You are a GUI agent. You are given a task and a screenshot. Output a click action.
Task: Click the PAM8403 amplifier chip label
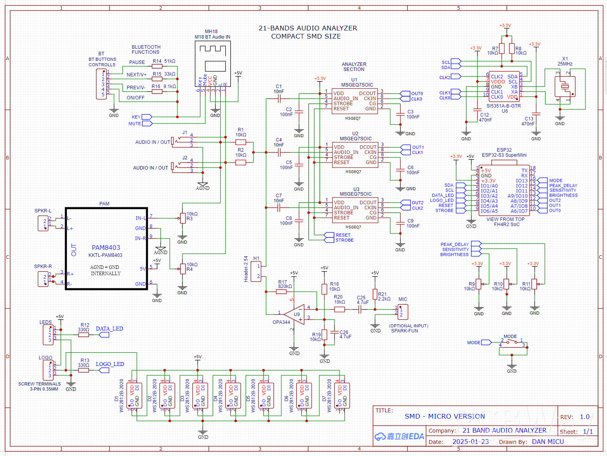(106, 247)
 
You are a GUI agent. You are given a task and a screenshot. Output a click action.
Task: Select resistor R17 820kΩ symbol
(281, 292)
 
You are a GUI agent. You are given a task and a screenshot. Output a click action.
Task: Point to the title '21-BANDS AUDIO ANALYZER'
(308, 28)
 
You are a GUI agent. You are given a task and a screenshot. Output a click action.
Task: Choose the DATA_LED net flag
(104, 335)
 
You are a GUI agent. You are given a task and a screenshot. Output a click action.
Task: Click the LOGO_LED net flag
(104, 370)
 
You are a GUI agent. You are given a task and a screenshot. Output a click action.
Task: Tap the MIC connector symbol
(403, 312)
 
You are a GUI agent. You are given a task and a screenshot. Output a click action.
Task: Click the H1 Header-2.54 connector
(256, 271)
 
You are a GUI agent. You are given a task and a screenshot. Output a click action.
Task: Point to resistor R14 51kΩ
(157, 66)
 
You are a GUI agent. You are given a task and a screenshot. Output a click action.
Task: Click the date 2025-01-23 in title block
(470, 442)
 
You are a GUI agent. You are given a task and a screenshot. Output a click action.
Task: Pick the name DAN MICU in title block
(548, 442)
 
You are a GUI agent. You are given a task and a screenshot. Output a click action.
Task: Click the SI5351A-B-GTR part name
(503, 106)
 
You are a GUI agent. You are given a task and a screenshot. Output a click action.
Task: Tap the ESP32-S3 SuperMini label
(504, 155)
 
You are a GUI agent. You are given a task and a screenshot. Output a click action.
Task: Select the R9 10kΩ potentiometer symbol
(479, 284)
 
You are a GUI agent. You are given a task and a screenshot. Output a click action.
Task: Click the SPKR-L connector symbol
(43, 223)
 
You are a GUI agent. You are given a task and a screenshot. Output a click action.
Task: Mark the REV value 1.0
(584, 417)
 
